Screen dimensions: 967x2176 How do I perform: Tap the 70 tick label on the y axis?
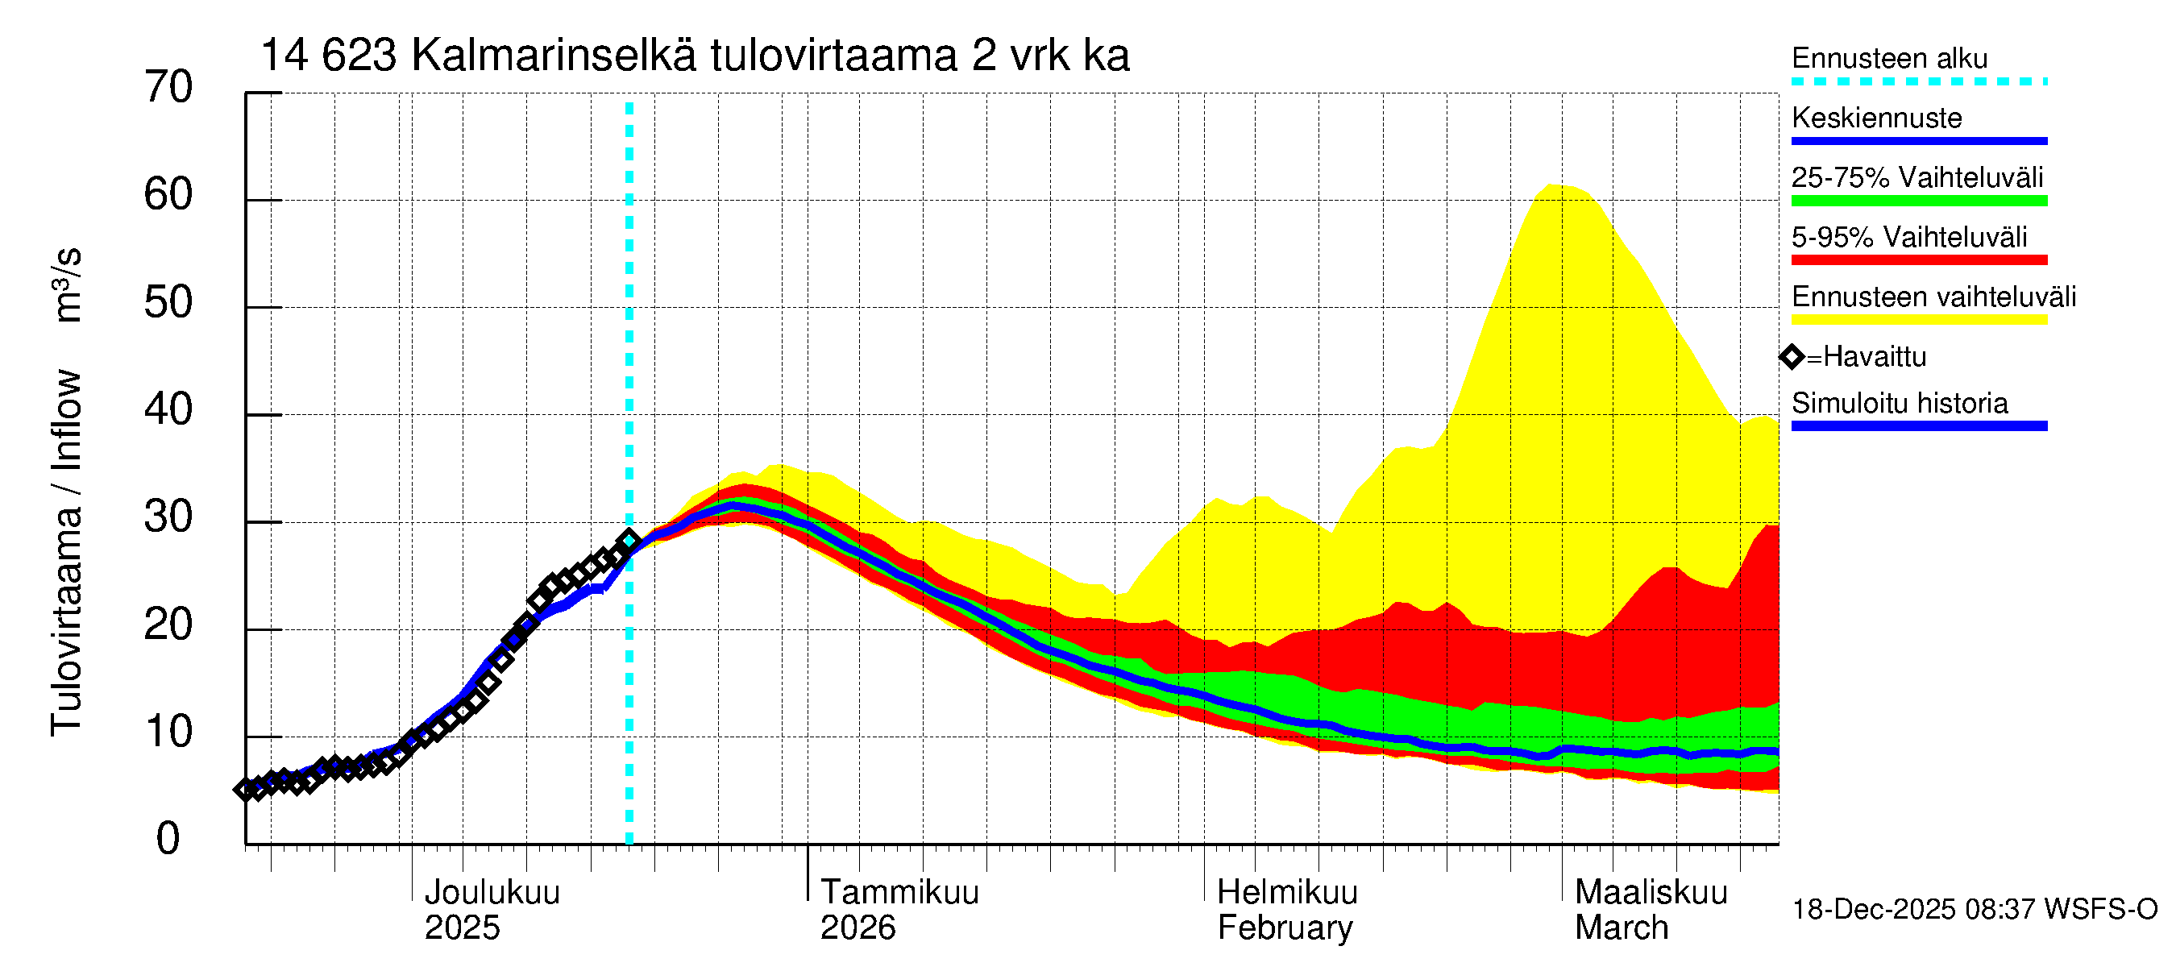168,87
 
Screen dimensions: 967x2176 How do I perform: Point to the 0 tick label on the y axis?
168,839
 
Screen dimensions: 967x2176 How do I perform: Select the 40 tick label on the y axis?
168,409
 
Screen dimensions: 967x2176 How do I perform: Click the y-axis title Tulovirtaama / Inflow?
66,553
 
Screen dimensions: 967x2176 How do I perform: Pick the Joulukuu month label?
492,892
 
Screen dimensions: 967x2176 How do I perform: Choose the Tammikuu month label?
899,892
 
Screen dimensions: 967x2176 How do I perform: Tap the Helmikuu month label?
1287,892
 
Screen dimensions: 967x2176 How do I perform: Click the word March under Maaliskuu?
1622,928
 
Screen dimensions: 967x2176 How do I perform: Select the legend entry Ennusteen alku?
1890,58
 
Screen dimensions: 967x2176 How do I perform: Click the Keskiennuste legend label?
1877,118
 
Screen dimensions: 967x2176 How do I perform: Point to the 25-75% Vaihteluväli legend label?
1917,177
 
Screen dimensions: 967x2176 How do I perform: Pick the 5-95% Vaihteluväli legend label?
1909,237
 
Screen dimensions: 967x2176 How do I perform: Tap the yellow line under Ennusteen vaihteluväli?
1919,319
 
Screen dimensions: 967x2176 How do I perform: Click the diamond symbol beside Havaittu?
1792,357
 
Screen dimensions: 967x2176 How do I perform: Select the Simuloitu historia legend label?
1900,403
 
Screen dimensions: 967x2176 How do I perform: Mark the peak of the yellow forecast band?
1550,185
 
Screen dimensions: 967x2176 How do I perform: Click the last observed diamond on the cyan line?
629,541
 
